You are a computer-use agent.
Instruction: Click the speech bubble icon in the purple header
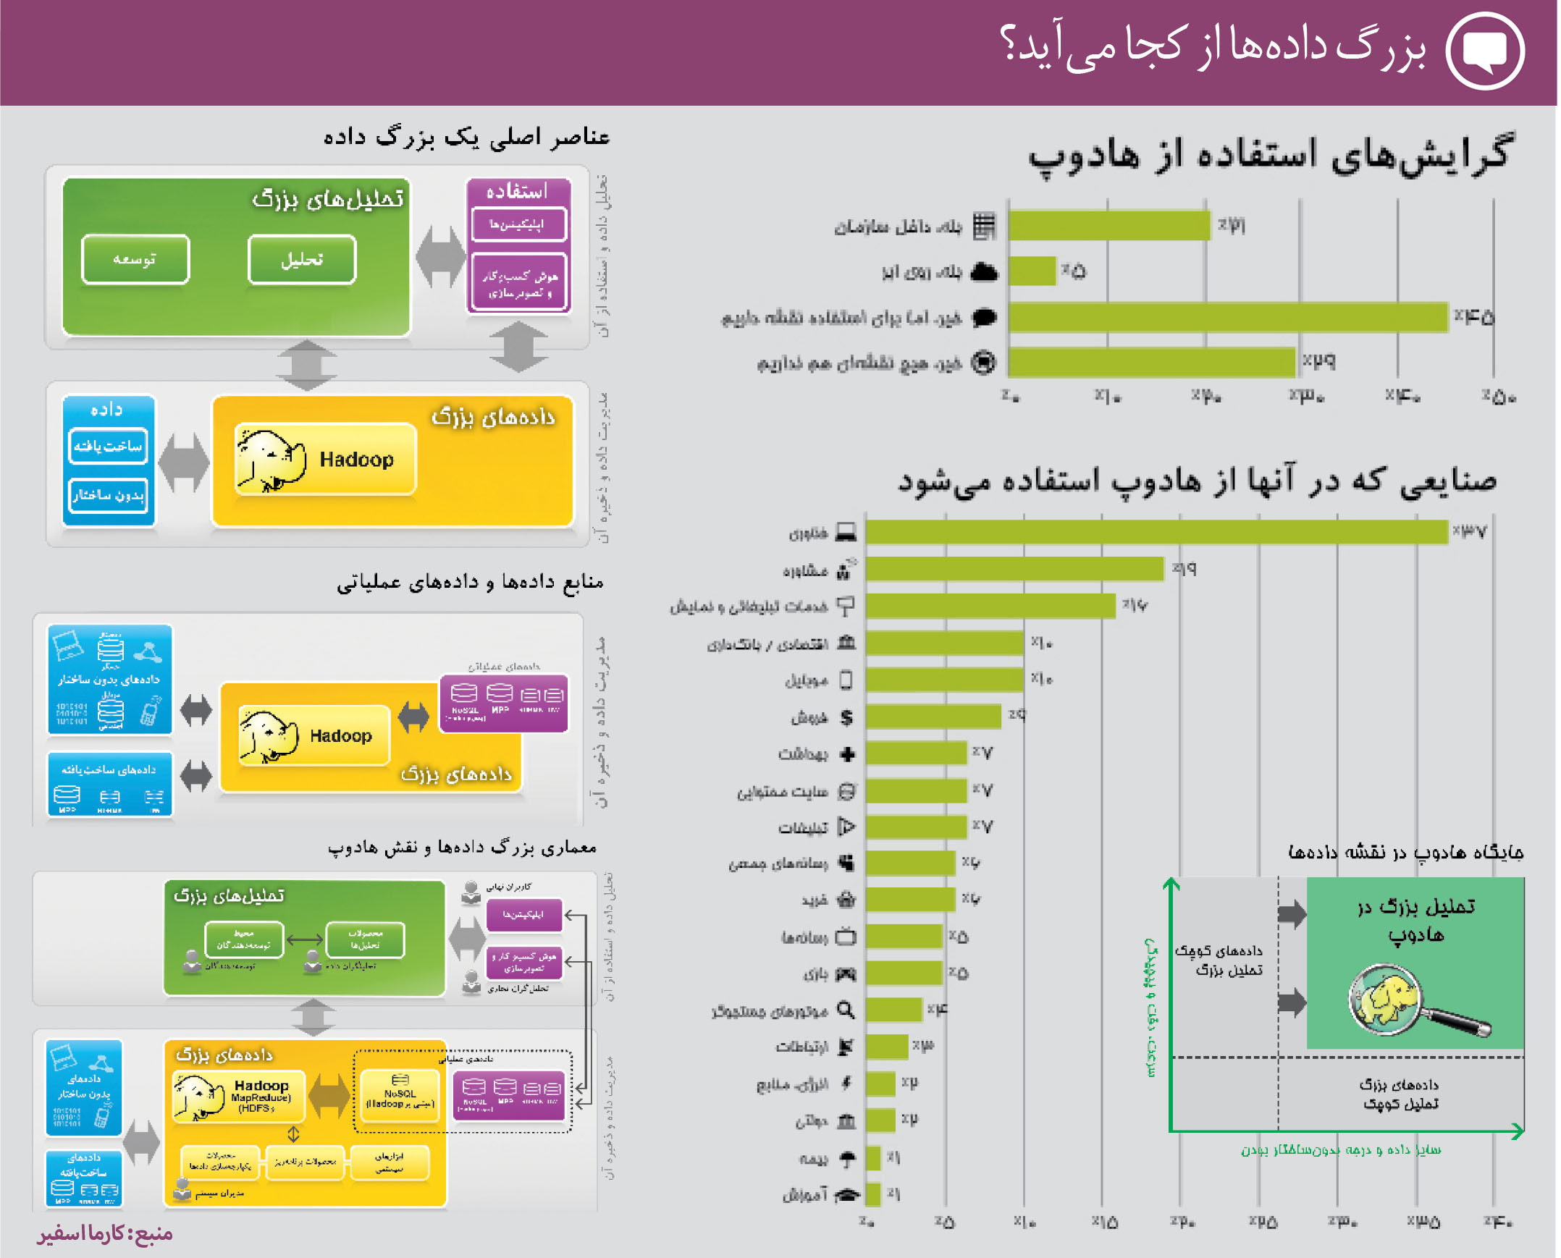click(x=1485, y=51)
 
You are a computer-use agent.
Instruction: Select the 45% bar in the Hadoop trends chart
click(x=1229, y=318)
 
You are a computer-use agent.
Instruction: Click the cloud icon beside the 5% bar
click(x=984, y=271)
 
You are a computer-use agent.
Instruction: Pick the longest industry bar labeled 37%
click(x=1156, y=532)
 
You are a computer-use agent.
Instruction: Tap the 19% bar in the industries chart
click(x=1014, y=569)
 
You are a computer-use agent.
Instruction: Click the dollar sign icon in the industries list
click(x=846, y=717)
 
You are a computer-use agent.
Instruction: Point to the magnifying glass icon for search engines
click(x=846, y=1010)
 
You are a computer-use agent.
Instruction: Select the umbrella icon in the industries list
click(x=846, y=1158)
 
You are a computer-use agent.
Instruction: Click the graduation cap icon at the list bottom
click(x=846, y=1194)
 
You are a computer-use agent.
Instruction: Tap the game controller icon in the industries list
click(x=846, y=974)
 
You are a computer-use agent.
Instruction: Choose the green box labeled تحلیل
click(x=302, y=259)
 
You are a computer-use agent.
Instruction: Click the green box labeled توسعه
click(x=135, y=259)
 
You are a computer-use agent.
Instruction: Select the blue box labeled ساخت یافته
click(x=109, y=446)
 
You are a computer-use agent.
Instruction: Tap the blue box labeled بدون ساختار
click(x=109, y=496)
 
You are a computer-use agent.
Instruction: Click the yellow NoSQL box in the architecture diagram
click(x=400, y=1095)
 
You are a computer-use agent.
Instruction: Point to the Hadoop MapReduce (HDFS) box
click(x=239, y=1095)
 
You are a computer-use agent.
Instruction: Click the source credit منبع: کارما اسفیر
click(x=105, y=1233)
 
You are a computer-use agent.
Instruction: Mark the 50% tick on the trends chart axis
click(x=1498, y=397)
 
